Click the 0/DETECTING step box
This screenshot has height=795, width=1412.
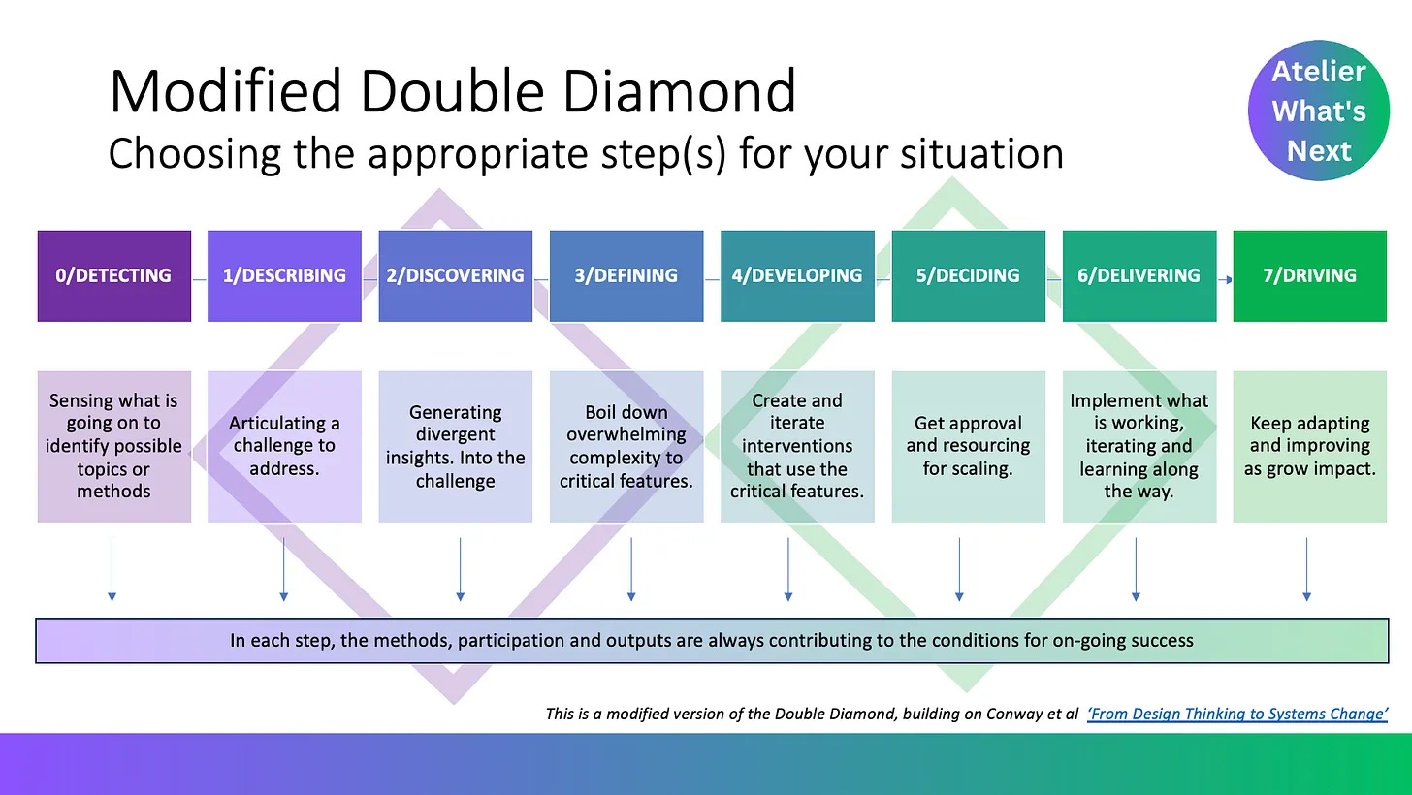[x=113, y=275]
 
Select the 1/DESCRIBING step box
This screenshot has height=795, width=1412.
[x=284, y=275]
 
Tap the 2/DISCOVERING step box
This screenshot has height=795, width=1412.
[x=455, y=275]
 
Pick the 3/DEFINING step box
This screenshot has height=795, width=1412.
[x=626, y=275]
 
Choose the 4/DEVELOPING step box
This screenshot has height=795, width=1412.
[x=797, y=275]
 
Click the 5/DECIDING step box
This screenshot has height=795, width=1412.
[x=968, y=275]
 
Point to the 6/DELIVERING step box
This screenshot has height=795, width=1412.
[x=1139, y=275]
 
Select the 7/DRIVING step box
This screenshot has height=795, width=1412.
[x=1309, y=275]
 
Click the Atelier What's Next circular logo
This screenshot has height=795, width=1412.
[x=1318, y=111]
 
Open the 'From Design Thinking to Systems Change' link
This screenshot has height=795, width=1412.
[x=1237, y=715]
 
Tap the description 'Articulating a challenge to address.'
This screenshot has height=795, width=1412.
[x=284, y=446]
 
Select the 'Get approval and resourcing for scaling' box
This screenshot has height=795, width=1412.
[x=968, y=446]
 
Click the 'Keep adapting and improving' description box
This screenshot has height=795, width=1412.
[x=1309, y=446]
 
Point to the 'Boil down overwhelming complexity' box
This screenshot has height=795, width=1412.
[x=626, y=446]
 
